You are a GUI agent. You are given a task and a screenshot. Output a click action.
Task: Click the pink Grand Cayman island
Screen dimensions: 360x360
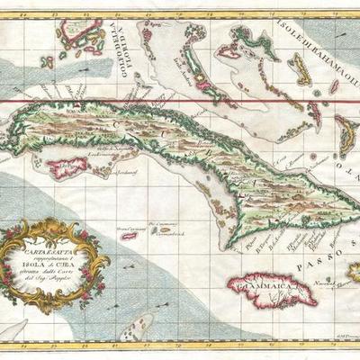point(129,236)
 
